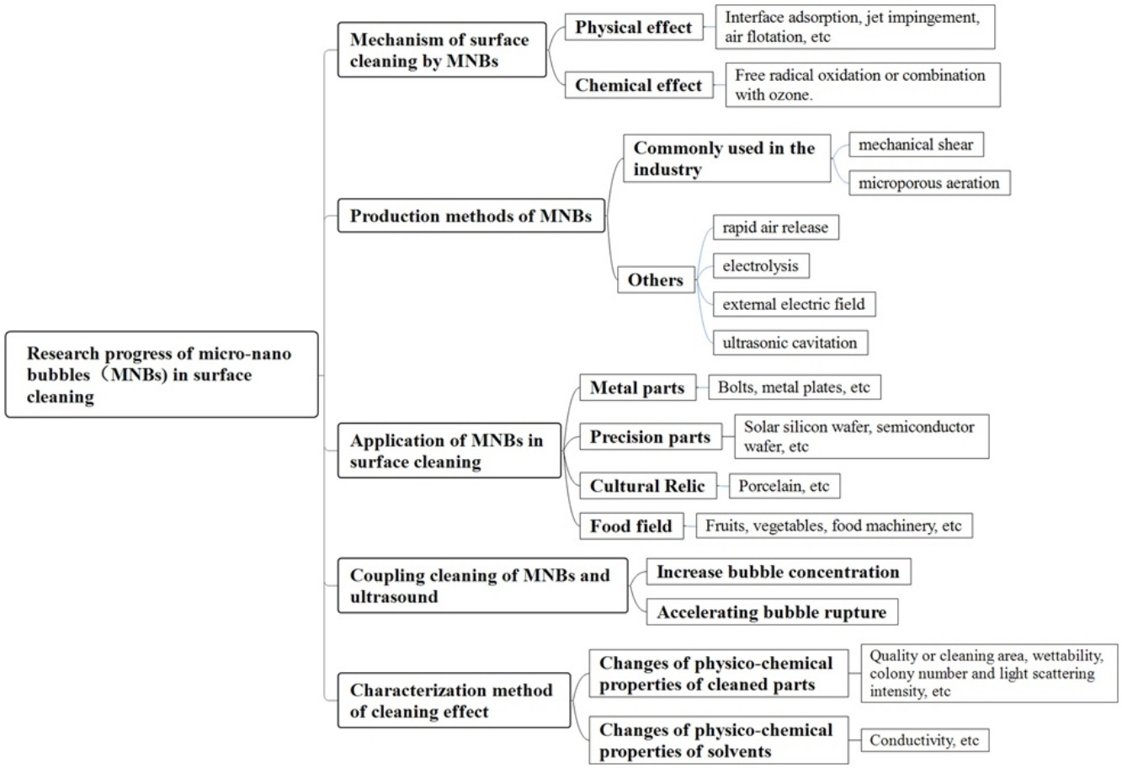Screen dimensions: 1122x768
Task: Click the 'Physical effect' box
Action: click(x=634, y=27)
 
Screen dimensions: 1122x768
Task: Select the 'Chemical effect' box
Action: click(x=639, y=85)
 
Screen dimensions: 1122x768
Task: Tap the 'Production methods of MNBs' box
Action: click(x=471, y=216)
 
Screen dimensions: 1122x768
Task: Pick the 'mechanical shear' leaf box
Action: click(x=916, y=144)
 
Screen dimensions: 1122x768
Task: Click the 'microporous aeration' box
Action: click(x=929, y=183)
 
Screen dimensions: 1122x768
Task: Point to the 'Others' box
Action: click(x=656, y=280)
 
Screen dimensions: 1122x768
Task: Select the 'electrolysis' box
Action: click(x=761, y=265)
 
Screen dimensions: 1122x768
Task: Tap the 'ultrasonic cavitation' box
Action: click(x=790, y=343)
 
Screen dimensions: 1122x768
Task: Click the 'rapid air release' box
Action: click(x=776, y=227)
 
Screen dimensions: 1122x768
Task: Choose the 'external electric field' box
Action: click(x=794, y=304)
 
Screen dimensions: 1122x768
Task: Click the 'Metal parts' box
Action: click(x=638, y=387)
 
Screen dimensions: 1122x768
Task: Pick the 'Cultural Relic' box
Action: click(x=648, y=485)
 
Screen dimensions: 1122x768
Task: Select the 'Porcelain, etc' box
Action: click(x=784, y=486)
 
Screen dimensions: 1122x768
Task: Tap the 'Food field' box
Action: click(x=631, y=526)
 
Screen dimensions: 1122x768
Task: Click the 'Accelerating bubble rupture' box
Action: click(x=772, y=611)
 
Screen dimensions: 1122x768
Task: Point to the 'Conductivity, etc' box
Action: click(x=925, y=740)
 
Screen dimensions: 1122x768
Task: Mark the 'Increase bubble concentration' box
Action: click(x=779, y=572)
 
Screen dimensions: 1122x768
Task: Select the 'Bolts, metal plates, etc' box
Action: click(x=795, y=387)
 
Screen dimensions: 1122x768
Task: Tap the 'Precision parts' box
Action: click(x=651, y=436)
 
